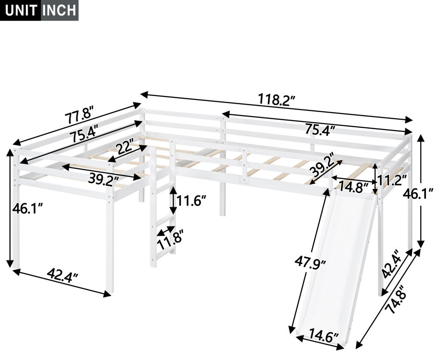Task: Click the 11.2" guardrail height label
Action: [x=392, y=180]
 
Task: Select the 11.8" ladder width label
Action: [x=170, y=243]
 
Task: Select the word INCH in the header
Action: [x=59, y=10]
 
